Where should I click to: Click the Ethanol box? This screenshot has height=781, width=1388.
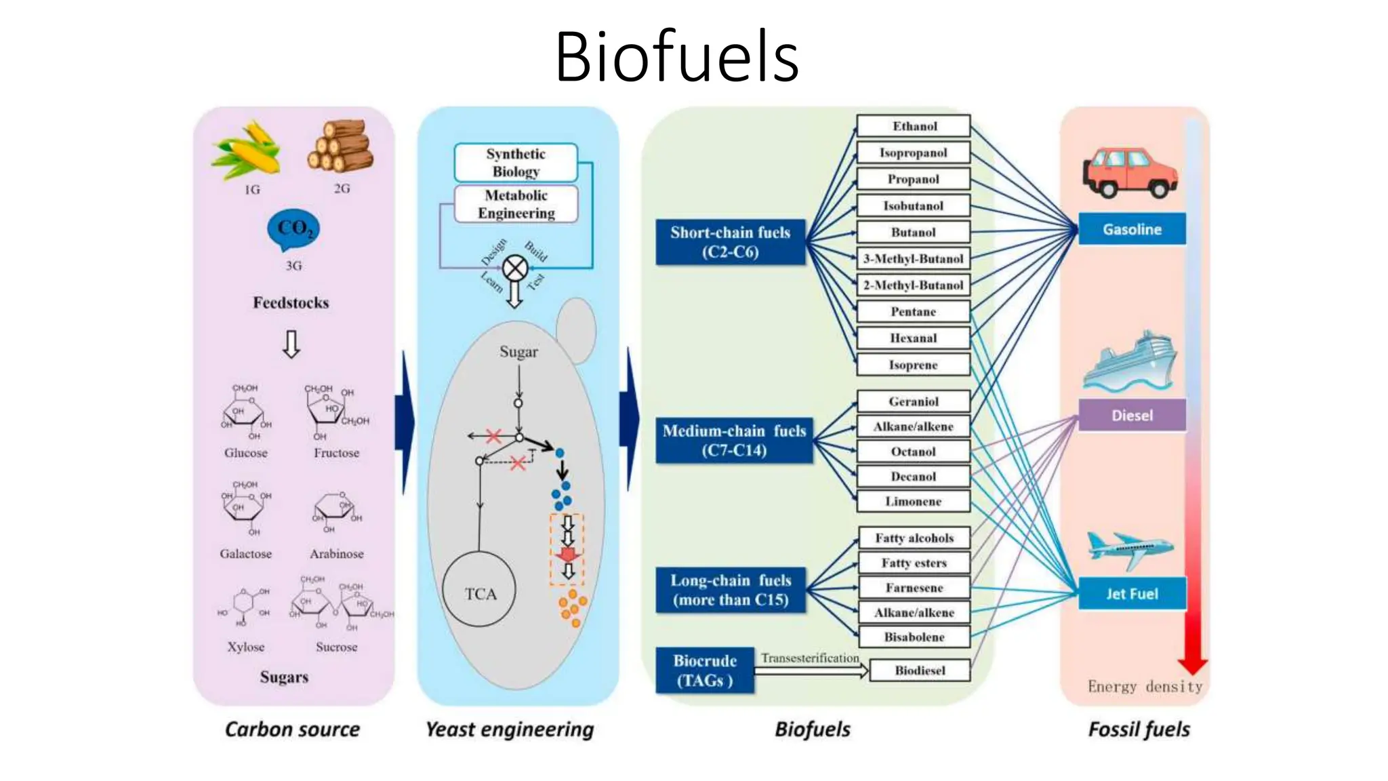[x=913, y=126]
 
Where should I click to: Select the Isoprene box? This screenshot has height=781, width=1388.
[x=913, y=365]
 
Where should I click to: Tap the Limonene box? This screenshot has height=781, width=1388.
[x=913, y=502]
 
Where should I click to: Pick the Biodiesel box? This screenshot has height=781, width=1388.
[x=919, y=670]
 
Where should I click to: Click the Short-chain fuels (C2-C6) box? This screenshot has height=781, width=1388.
[x=730, y=242]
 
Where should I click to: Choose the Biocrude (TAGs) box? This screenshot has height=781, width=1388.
[x=704, y=670]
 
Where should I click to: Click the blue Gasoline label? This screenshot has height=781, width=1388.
[x=1131, y=229]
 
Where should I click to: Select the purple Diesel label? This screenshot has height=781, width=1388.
[x=1131, y=415]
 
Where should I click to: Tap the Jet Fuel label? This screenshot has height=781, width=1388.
[x=1131, y=594]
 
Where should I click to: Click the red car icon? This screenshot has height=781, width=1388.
[x=1129, y=173]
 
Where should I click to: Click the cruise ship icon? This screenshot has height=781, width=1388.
[x=1129, y=363]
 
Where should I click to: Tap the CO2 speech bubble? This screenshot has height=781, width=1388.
[x=293, y=229]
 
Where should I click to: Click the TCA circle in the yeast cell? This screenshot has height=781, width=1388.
[x=479, y=590]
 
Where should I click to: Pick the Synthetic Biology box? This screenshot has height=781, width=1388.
[x=515, y=163]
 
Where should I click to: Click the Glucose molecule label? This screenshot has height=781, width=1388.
[x=245, y=453]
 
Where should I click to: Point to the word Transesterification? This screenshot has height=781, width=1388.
[x=809, y=658]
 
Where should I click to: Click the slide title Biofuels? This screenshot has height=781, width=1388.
[x=676, y=57]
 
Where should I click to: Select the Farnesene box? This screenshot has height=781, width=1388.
[x=914, y=588]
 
